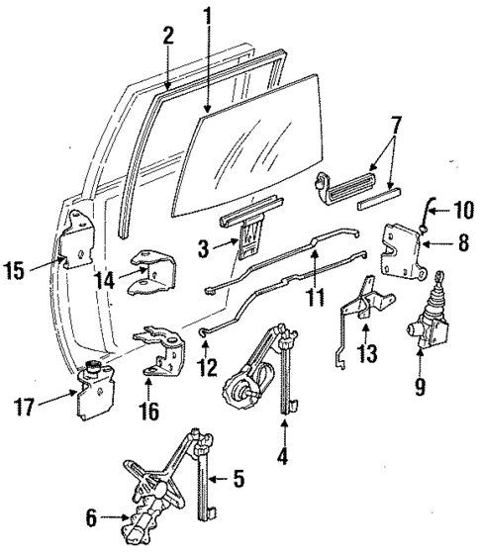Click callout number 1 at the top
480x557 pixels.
[x=208, y=16]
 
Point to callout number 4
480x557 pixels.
[x=284, y=457]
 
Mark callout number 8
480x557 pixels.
[x=462, y=240]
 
